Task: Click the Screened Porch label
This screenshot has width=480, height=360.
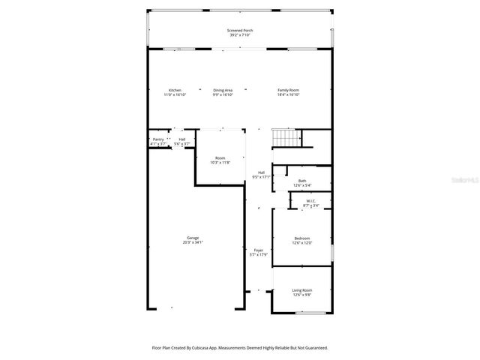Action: pyautogui.click(x=240, y=31)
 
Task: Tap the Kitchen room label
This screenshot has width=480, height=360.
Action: pyautogui.click(x=175, y=90)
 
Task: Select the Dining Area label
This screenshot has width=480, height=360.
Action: pyautogui.click(x=223, y=90)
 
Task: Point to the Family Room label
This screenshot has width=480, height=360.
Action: pyautogui.click(x=289, y=90)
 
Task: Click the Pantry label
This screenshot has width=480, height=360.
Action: pyautogui.click(x=158, y=139)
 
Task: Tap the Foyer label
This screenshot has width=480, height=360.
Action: pyautogui.click(x=258, y=250)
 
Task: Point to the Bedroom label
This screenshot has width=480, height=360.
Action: pyautogui.click(x=301, y=238)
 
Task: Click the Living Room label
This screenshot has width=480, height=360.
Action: pyautogui.click(x=301, y=289)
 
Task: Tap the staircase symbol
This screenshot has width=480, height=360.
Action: pyautogui.click(x=286, y=139)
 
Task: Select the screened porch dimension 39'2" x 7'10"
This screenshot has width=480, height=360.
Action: pyautogui.click(x=240, y=35)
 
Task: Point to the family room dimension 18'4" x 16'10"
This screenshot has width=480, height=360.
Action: pyautogui.click(x=289, y=94)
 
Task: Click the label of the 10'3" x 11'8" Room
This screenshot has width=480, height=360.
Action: pyautogui.click(x=220, y=157)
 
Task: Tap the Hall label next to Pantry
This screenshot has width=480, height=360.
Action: pyautogui.click(x=181, y=139)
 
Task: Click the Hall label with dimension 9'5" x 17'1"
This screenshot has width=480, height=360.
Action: pyautogui.click(x=261, y=172)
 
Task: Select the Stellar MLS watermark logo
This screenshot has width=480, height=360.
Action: pyautogui.click(x=460, y=181)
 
